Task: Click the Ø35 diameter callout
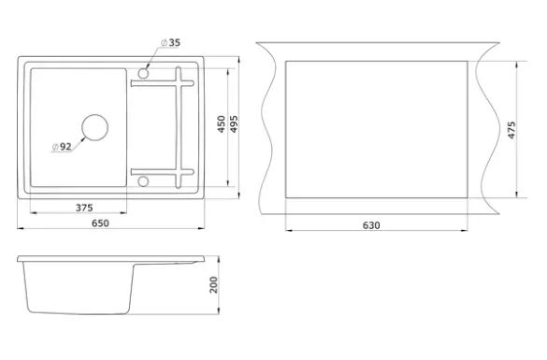170,43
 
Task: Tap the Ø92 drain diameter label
62,147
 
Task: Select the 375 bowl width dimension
84,208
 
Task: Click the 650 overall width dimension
100,223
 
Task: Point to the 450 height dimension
222,124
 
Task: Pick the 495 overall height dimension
234,124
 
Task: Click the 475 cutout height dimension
511,130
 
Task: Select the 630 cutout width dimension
371,225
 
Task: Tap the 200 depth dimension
213,284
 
